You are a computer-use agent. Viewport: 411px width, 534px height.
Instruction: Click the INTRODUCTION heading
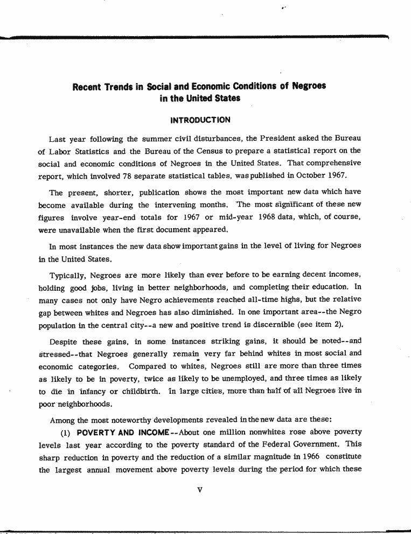coord(200,120)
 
